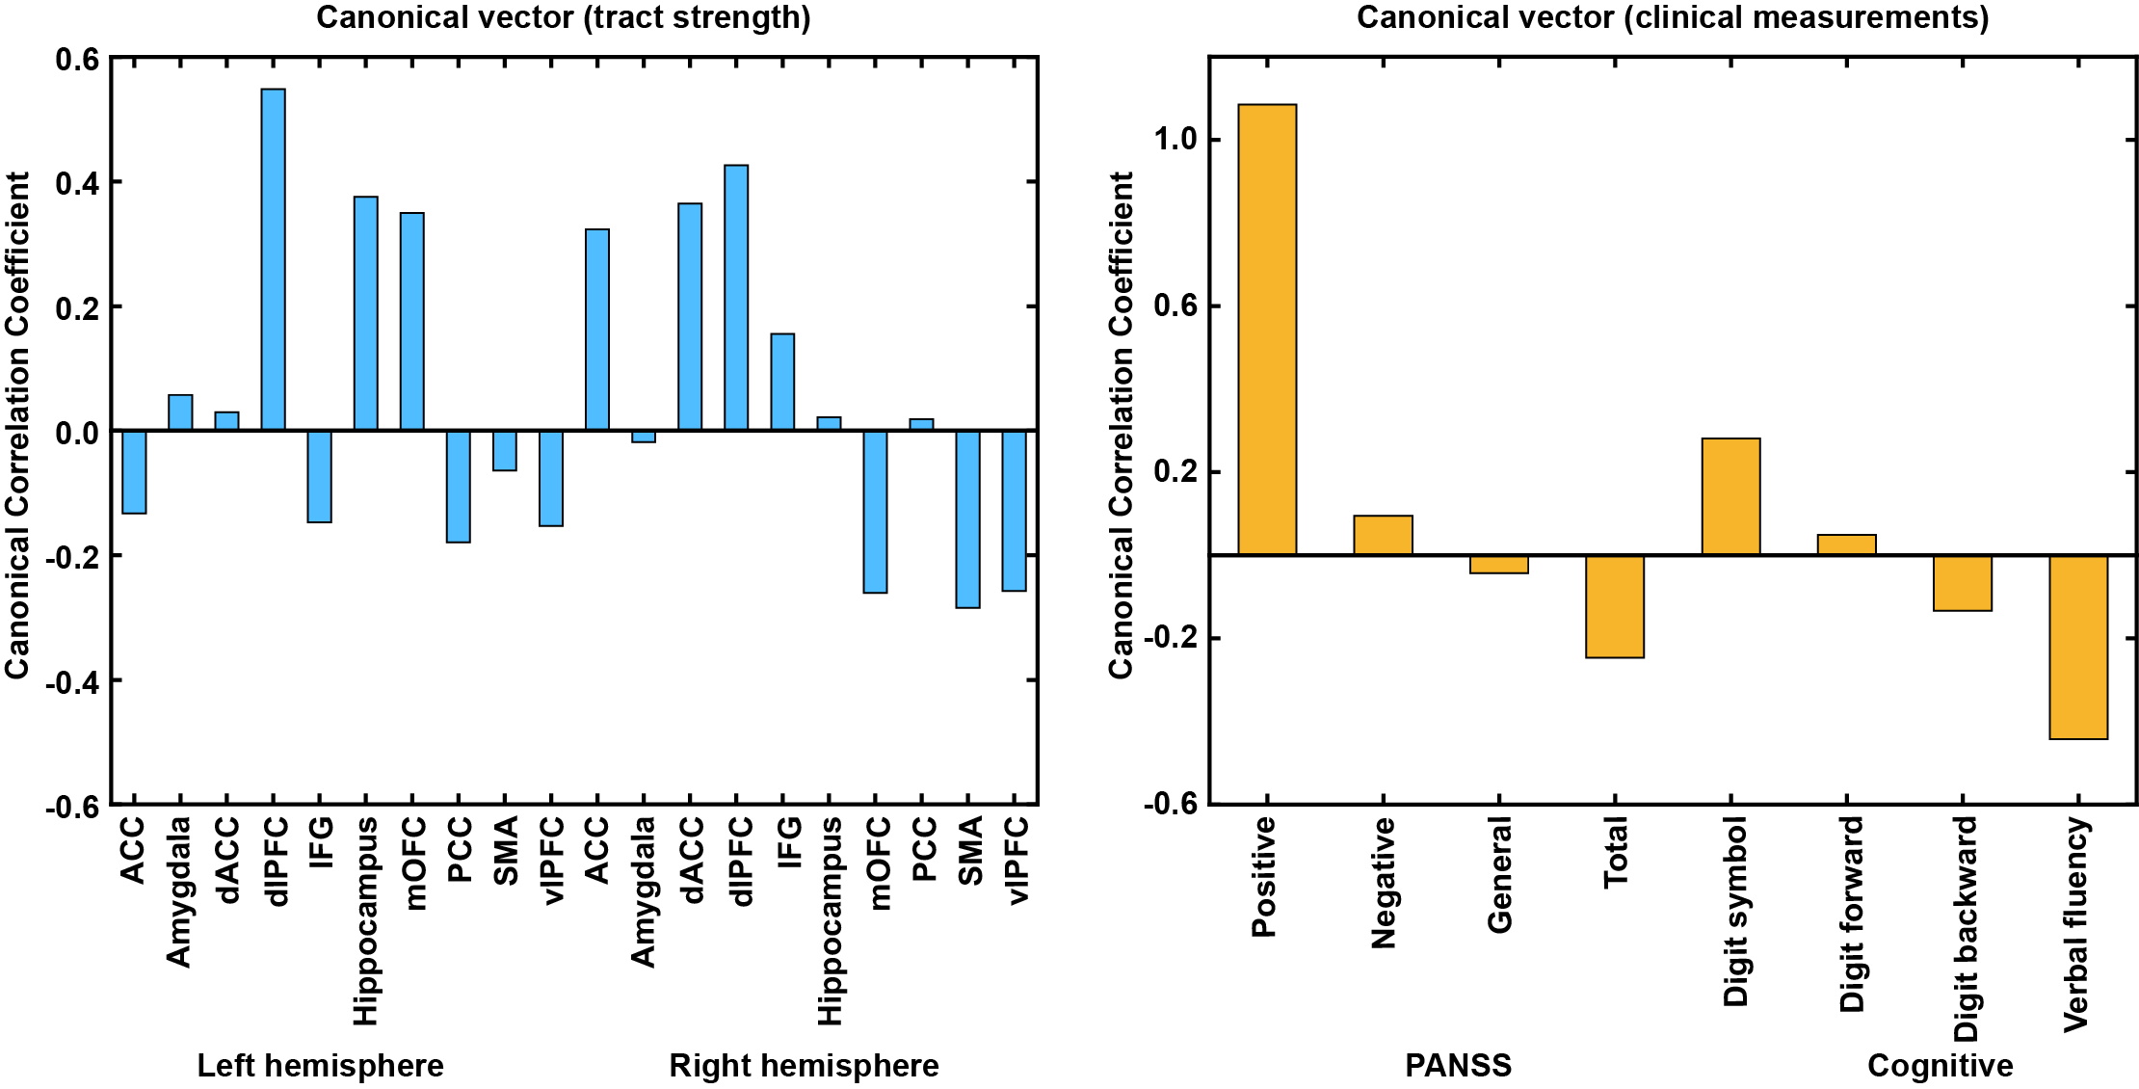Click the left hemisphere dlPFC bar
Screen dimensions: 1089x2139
[x=273, y=259]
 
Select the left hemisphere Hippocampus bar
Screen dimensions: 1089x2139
[x=366, y=313]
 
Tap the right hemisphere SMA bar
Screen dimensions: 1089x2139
[x=967, y=518]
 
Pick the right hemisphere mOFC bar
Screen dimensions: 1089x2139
[x=875, y=511]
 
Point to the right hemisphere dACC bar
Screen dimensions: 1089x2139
[x=690, y=316]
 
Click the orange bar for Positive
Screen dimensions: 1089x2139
[x=1267, y=329]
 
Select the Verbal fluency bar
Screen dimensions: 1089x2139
[x=2078, y=647]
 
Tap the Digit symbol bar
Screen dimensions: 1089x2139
[x=1730, y=496]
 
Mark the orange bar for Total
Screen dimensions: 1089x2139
[x=1615, y=606]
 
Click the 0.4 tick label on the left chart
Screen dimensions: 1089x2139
[x=77, y=183]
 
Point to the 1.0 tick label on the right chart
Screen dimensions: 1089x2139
[x=1175, y=140]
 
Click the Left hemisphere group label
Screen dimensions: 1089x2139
[x=320, y=1066]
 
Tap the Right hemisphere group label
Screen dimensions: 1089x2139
[x=804, y=1066]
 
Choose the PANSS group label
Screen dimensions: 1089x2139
[x=1458, y=1066]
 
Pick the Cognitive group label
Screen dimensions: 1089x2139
[x=1940, y=1066]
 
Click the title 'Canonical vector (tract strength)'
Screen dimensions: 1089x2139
[x=563, y=17]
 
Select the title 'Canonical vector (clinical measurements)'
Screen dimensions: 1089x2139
[x=1673, y=17]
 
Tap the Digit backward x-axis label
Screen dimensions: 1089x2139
[x=1965, y=929]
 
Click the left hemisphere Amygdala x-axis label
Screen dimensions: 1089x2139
[x=179, y=890]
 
